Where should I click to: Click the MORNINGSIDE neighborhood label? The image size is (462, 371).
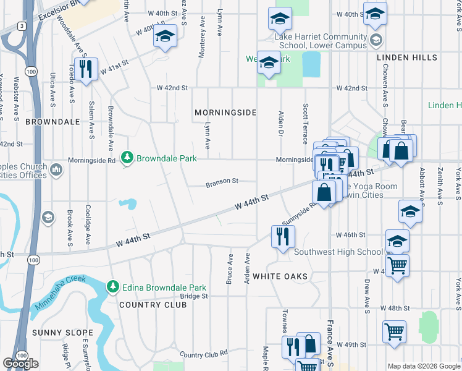tap(225, 113)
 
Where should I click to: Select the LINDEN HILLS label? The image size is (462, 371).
tap(407, 58)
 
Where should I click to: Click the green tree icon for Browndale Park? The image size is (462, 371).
tap(127, 158)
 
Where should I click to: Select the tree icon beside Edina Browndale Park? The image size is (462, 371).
tap(112, 287)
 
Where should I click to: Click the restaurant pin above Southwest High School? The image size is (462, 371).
tap(283, 236)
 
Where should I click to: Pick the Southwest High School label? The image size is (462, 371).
tap(338, 252)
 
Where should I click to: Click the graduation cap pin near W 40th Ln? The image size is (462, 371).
tap(164, 37)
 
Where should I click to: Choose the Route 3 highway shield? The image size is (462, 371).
tap(22, 26)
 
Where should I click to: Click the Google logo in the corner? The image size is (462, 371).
tap(20, 364)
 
